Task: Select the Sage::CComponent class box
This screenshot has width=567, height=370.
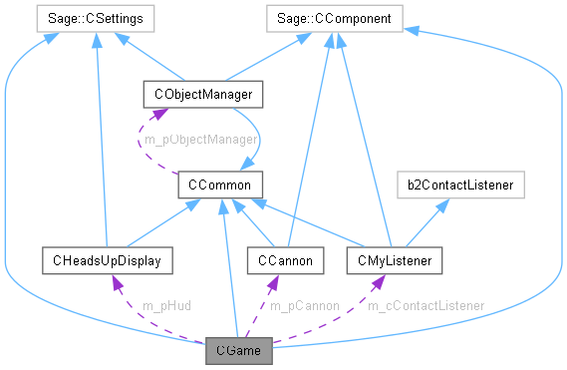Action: click(x=335, y=17)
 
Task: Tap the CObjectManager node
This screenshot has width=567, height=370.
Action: click(x=203, y=95)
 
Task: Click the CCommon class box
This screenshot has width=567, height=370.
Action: click(x=219, y=184)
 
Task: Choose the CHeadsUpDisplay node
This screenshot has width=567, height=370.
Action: click(x=107, y=261)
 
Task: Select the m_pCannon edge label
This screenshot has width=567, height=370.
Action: click(x=305, y=304)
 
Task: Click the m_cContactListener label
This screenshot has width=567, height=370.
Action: click(x=425, y=304)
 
